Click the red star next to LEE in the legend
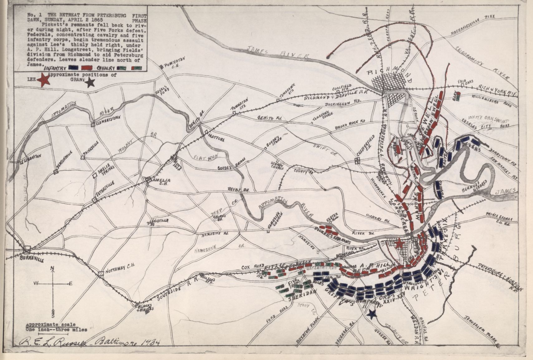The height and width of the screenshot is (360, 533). tap(44, 80)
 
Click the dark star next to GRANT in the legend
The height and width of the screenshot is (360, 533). tap(90, 82)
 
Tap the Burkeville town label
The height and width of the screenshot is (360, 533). tap(31, 259)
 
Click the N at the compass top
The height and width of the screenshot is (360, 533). tap(53, 268)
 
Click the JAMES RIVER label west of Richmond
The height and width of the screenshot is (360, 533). tap(277, 53)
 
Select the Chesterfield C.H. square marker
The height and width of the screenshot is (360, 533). tap(358, 161)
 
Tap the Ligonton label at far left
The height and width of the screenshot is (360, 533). tap(31, 158)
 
